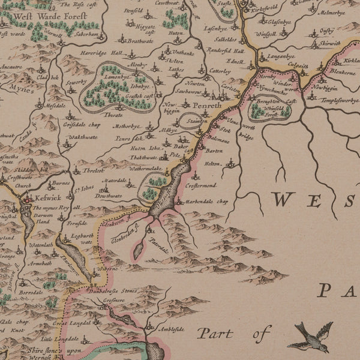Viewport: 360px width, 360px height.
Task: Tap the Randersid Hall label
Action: coord(227,50)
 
